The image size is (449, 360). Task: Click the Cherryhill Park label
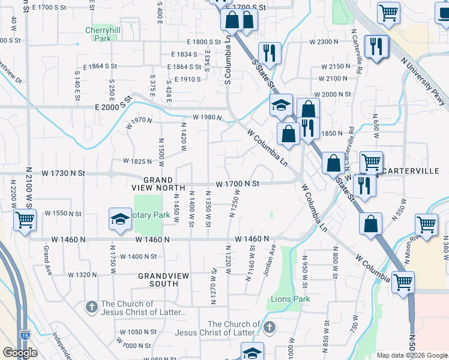(x=104, y=34)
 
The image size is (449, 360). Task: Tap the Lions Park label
(x=291, y=298)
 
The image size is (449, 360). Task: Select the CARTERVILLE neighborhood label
(x=411, y=171)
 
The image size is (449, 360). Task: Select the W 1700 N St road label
(x=237, y=183)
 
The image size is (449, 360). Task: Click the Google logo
(x=20, y=352)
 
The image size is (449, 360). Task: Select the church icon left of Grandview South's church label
(x=91, y=307)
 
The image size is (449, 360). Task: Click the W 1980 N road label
(x=207, y=118)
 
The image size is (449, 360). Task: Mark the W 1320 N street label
(x=82, y=275)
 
